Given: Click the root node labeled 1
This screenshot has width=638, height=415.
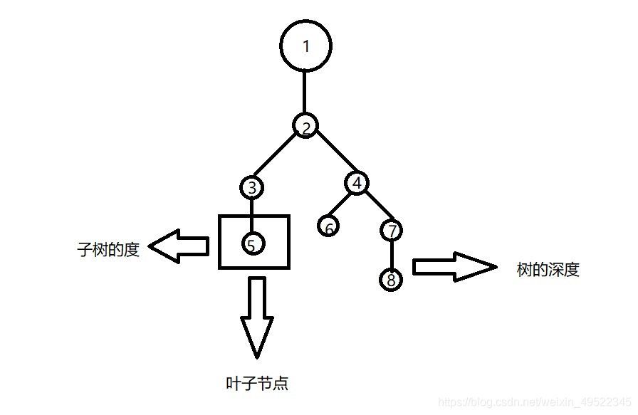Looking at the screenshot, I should click(x=306, y=46).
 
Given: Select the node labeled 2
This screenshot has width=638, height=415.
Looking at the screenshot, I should click(x=305, y=127).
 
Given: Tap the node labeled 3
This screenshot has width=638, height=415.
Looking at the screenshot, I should click(x=251, y=188).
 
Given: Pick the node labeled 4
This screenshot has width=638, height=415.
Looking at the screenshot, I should click(x=357, y=183).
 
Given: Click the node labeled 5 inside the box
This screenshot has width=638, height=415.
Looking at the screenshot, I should click(x=251, y=243).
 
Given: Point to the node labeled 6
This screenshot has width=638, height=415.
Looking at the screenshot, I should click(x=328, y=227).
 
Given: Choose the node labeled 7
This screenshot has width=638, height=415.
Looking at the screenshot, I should click(x=392, y=231).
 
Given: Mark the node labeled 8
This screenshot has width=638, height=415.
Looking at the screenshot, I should click(x=391, y=279).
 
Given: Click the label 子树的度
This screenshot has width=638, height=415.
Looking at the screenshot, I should click(x=108, y=250).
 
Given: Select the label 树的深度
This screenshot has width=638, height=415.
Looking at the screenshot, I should click(x=548, y=270).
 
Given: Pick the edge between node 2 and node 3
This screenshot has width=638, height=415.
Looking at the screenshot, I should click(x=277, y=158).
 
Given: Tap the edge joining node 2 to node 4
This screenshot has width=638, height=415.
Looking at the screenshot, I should click(x=331, y=155).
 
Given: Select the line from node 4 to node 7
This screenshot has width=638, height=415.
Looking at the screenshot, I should click(x=375, y=207).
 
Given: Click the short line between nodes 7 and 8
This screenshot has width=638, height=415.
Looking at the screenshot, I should click(x=392, y=254).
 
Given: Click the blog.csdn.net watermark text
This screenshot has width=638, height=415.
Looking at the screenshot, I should click(x=534, y=402).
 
